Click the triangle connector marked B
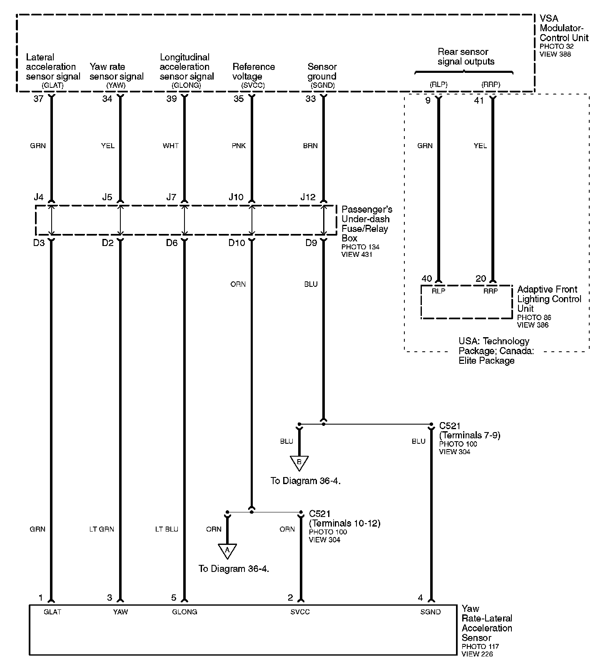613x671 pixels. tap(299, 462)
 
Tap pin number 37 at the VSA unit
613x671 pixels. tap(38, 99)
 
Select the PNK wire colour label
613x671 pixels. tap(239, 146)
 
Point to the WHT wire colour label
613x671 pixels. tap(171, 146)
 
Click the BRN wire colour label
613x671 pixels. tap(310, 146)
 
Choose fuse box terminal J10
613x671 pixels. tap(236, 197)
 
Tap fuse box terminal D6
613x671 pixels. tap(172, 243)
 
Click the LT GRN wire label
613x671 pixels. tap(102, 529)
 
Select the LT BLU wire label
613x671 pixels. tap(167, 529)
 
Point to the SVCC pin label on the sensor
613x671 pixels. tap(300, 612)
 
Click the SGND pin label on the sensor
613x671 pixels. tap(430, 612)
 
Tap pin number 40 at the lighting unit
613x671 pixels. tap(427, 279)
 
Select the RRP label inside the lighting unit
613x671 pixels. tap(491, 291)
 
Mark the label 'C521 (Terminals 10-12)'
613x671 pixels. tap(344, 519)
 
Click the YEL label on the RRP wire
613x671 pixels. tap(480, 146)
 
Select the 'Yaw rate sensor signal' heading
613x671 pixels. tap(117, 72)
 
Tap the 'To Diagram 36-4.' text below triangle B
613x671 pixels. tap(306, 481)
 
